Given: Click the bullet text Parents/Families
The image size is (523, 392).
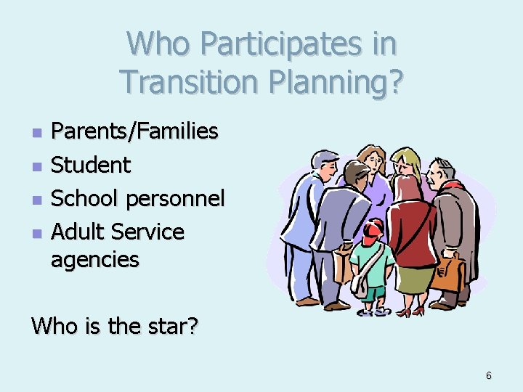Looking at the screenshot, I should tap(134, 131).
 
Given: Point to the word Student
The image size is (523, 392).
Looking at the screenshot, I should tap(91, 165).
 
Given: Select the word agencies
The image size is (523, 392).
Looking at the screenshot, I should tap(94, 259).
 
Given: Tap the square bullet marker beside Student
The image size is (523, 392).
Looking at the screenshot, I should tap(38, 166).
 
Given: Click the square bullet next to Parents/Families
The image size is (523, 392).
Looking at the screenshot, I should tap(38, 133).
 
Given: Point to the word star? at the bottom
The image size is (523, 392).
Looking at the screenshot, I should tap(174, 327).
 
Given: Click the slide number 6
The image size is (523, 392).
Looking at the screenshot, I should tap(489, 375).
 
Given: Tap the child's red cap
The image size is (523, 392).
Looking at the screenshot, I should tap(373, 230).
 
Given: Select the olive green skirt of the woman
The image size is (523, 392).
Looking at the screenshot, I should tap(414, 279).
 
